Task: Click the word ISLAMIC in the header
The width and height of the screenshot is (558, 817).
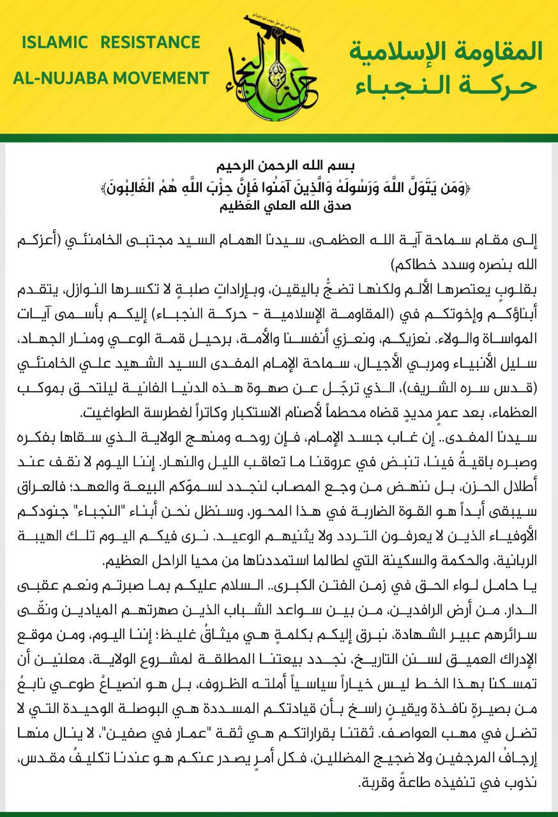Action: pyautogui.click(x=54, y=43)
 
